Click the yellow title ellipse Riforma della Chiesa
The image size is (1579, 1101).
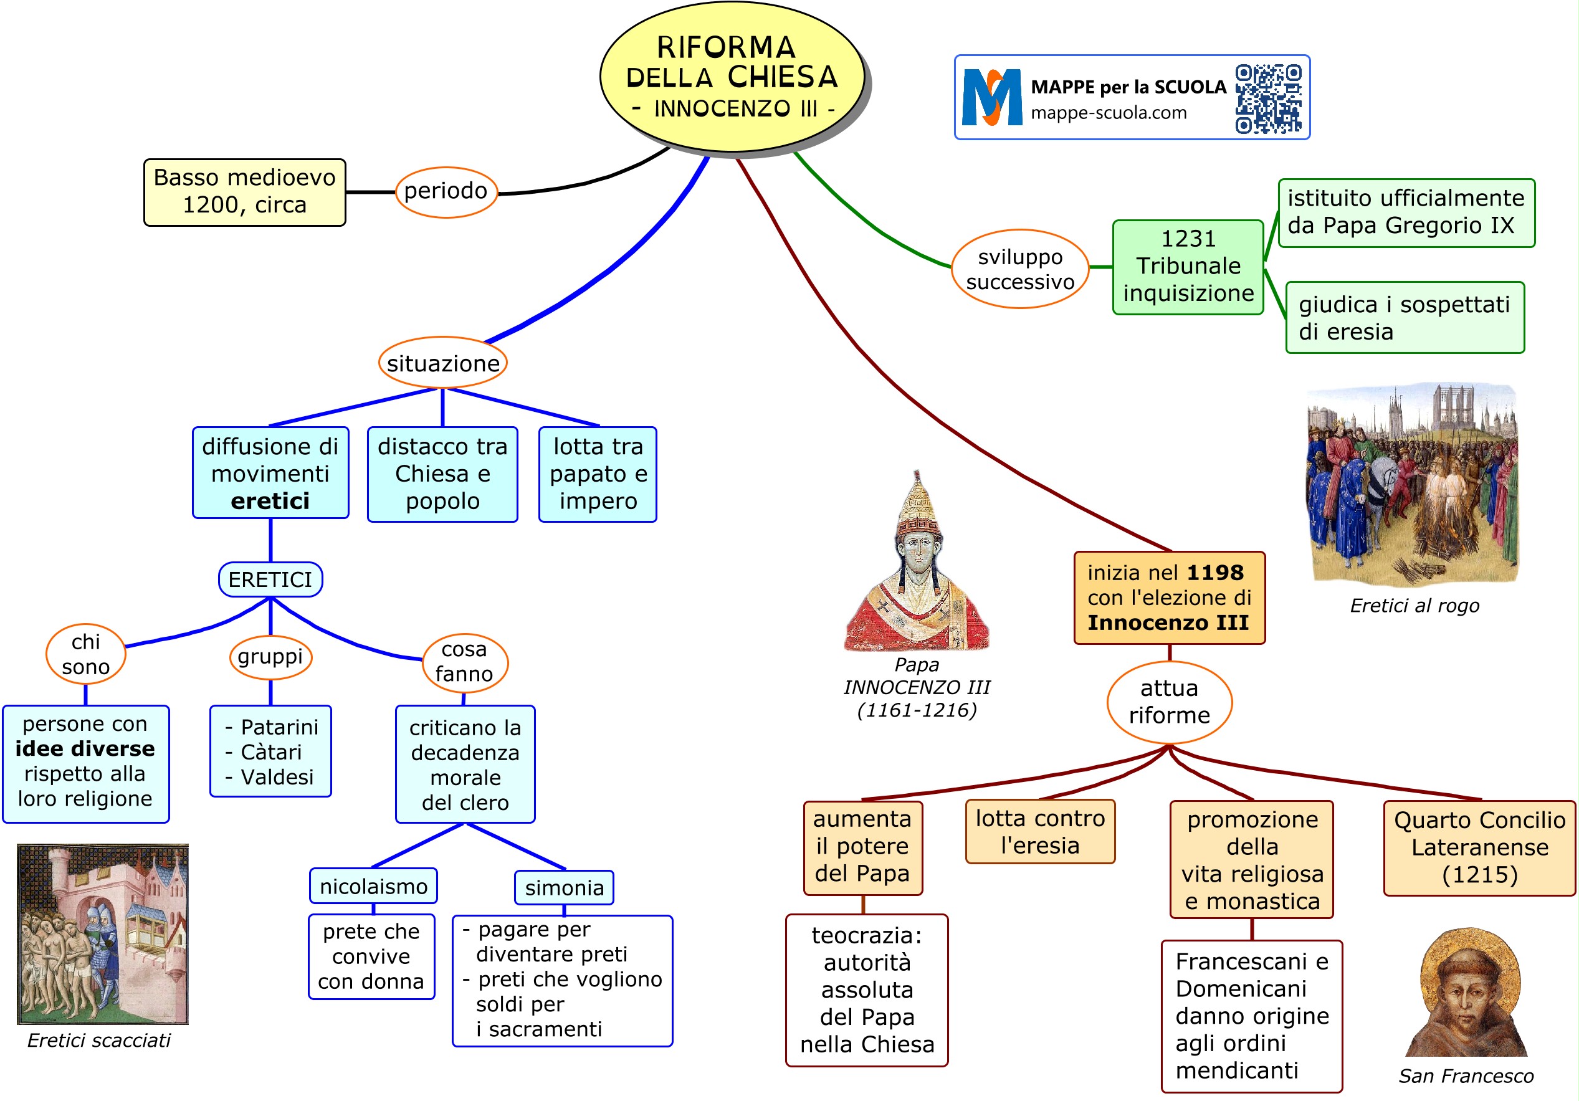pos(732,77)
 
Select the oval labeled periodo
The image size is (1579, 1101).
pos(446,191)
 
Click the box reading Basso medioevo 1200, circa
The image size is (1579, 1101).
pos(244,192)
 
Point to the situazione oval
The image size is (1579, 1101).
pos(443,363)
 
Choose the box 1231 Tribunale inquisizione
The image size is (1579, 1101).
pos(1188,266)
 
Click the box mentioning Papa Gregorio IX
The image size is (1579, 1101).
pos(1406,212)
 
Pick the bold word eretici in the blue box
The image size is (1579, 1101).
pos(270,502)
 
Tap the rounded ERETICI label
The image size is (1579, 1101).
pos(270,579)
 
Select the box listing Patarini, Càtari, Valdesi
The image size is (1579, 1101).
pos(270,751)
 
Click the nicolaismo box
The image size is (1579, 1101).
pos(373,887)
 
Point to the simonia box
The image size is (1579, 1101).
pos(564,888)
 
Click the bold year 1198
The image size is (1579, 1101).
pos(1215,572)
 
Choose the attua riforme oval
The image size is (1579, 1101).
pos(1169,702)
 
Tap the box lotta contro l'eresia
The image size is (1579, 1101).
pos(1040,831)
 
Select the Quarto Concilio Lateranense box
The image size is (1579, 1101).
pos(1479,847)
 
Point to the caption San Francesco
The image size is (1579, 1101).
pos(1466,1075)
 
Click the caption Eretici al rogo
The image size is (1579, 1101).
pos(1414,605)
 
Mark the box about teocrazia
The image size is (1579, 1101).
pos(867,989)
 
